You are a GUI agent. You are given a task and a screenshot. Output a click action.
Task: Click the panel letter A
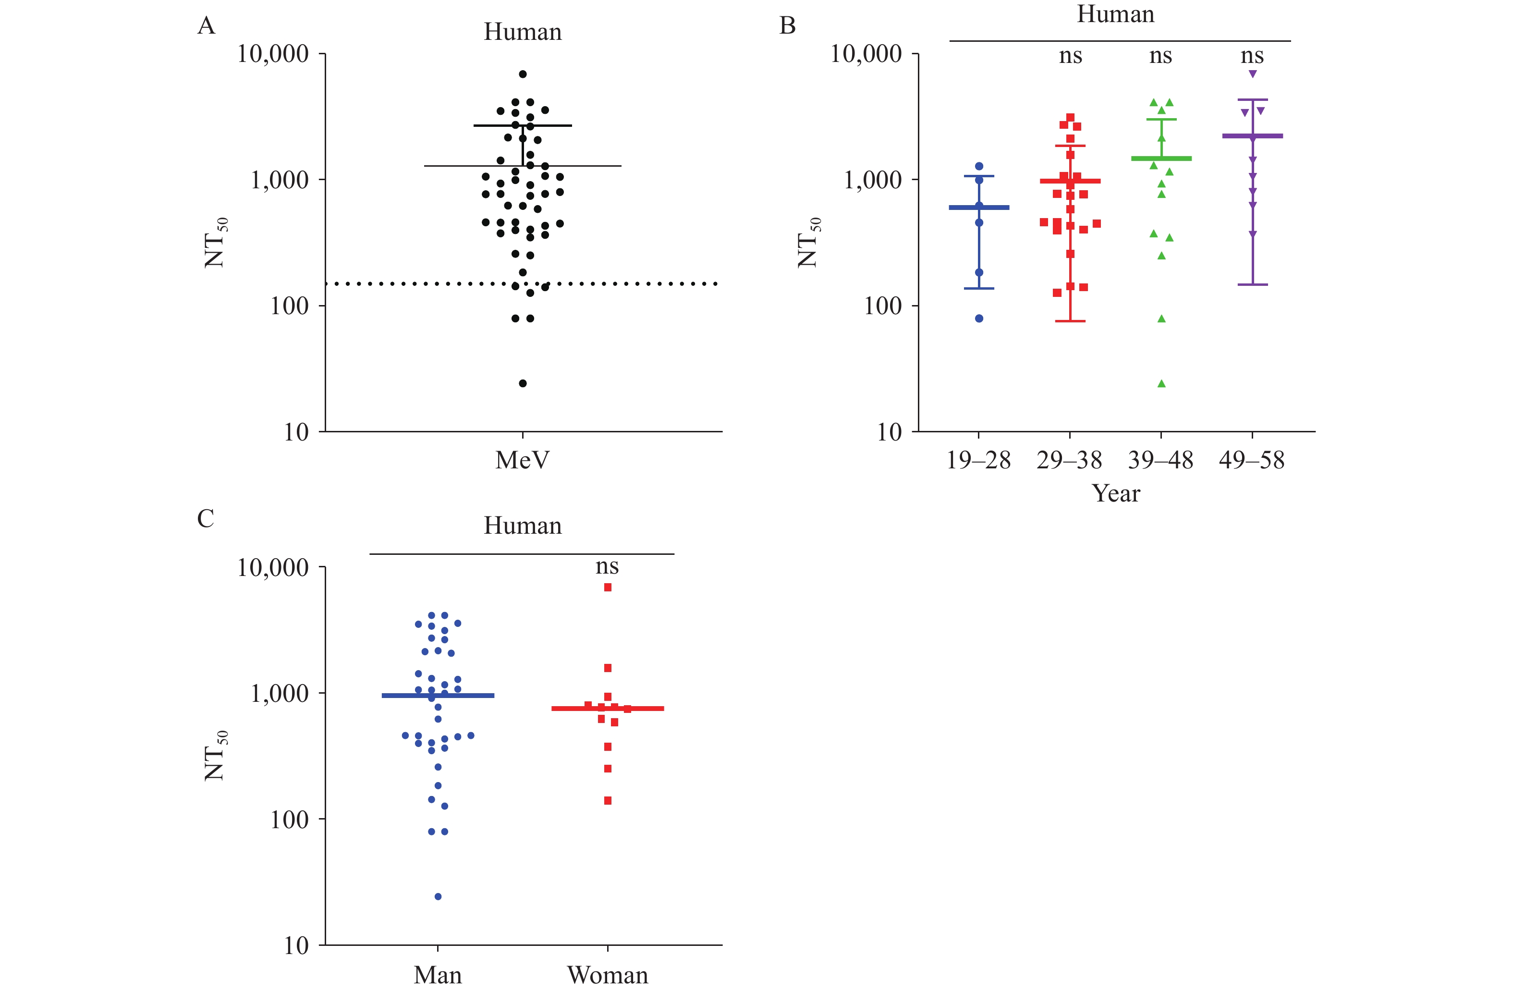[x=206, y=26]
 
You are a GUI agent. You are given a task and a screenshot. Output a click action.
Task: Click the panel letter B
[x=787, y=26]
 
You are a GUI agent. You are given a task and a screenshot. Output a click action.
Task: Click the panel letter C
[x=206, y=519]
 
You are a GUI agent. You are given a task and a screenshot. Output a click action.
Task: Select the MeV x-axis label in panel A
[x=522, y=460]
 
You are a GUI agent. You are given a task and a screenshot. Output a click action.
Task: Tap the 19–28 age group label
[x=978, y=460]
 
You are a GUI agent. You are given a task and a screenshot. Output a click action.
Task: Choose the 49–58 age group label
[x=1251, y=460]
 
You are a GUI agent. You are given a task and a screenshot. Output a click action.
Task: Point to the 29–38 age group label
[x=1069, y=460]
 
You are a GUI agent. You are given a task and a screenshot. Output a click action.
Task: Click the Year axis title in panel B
[x=1116, y=493]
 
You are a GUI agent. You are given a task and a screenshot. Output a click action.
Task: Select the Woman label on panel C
[x=607, y=975]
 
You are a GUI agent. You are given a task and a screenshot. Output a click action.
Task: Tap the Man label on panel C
[x=438, y=975]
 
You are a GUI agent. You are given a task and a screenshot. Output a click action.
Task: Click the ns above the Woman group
[x=607, y=566]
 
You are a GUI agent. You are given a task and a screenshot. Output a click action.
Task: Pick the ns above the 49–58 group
[x=1252, y=56]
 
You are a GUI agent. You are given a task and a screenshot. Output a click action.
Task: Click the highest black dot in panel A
[x=523, y=74]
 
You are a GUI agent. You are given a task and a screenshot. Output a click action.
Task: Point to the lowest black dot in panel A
[x=523, y=383]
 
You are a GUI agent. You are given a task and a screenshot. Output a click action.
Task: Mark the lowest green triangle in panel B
[x=1161, y=383]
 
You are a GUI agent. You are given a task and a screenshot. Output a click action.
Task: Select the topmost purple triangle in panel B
[x=1252, y=74]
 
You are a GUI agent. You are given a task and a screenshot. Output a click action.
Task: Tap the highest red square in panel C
[x=608, y=588]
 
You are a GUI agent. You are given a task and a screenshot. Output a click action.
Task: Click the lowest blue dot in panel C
[x=438, y=896]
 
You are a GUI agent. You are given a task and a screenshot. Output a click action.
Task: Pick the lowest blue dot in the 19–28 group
[x=979, y=318]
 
